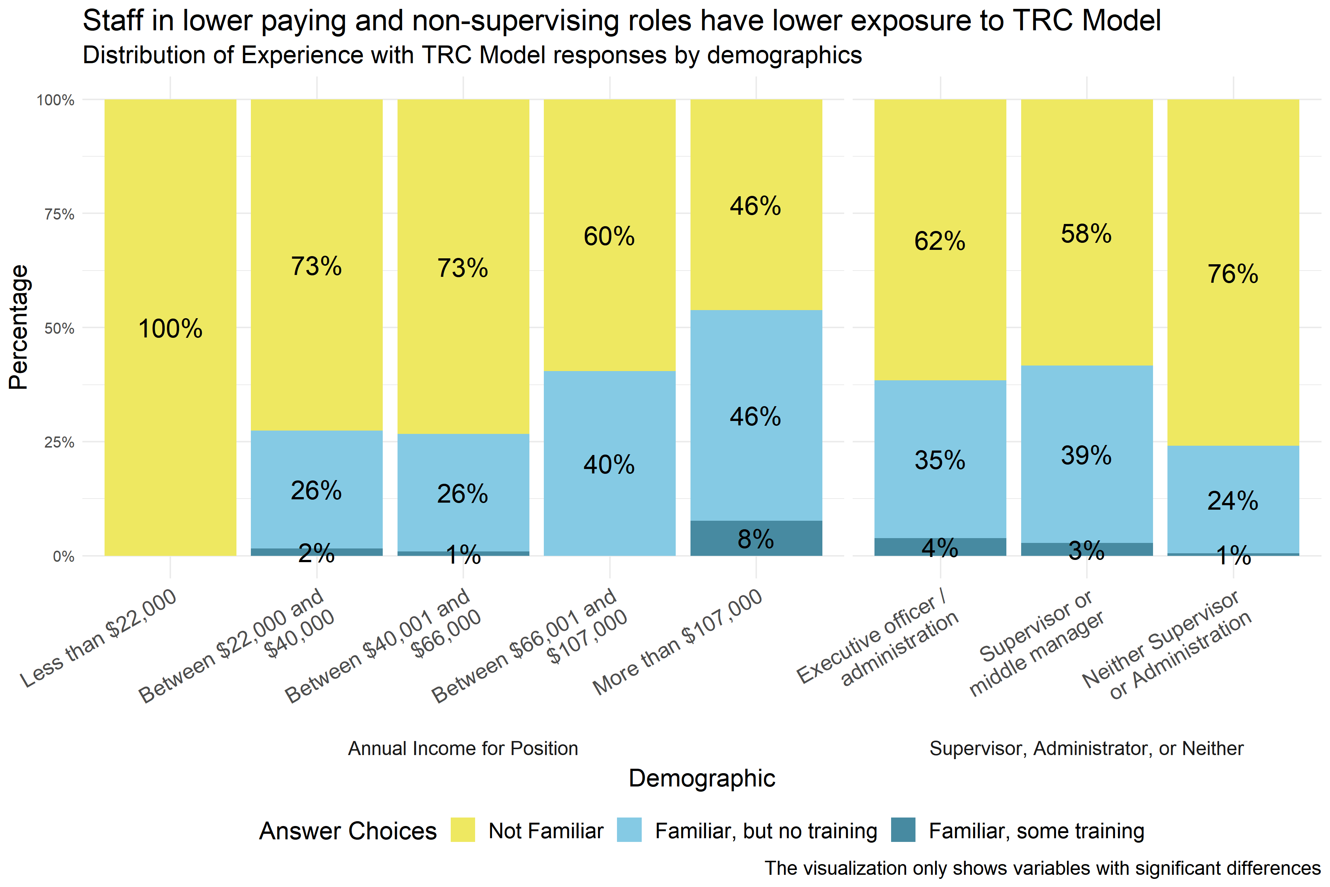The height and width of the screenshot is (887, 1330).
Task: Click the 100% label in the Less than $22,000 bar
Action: (170, 329)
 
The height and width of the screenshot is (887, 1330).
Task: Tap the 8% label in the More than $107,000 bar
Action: (756, 539)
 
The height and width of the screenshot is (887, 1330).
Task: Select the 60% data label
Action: (609, 237)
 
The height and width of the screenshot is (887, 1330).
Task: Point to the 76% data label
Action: (1233, 274)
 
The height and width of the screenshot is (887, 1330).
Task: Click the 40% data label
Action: (609, 465)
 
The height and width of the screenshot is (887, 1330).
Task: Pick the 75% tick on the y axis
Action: (59, 214)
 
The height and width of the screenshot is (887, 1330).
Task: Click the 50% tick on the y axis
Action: (59, 329)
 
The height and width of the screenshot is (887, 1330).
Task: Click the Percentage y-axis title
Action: (19, 327)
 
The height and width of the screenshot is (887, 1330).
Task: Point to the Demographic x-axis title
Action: (701, 778)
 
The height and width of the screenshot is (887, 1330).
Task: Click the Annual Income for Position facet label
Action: (463, 748)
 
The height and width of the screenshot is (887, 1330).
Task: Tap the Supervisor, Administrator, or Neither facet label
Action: (1086, 748)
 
